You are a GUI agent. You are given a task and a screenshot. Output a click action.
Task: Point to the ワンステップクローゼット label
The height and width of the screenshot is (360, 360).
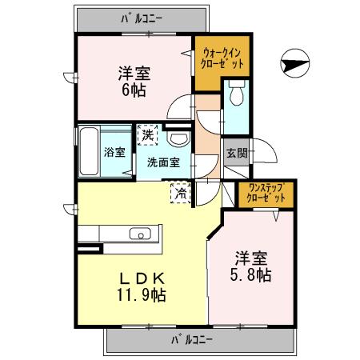(263, 192)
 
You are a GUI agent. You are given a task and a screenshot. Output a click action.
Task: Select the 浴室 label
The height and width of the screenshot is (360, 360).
(114, 152)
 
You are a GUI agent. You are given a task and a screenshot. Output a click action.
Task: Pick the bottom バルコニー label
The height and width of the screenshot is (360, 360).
(192, 340)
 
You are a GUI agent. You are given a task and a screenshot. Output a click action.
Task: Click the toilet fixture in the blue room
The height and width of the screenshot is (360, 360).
(236, 96)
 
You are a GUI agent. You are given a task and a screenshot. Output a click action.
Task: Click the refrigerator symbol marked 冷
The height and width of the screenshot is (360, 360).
(181, 191)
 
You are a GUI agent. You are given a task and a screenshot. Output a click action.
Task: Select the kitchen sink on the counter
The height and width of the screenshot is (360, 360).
(140, 234)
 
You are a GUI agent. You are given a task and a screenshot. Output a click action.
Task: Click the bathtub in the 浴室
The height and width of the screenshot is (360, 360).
(90, 152)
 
